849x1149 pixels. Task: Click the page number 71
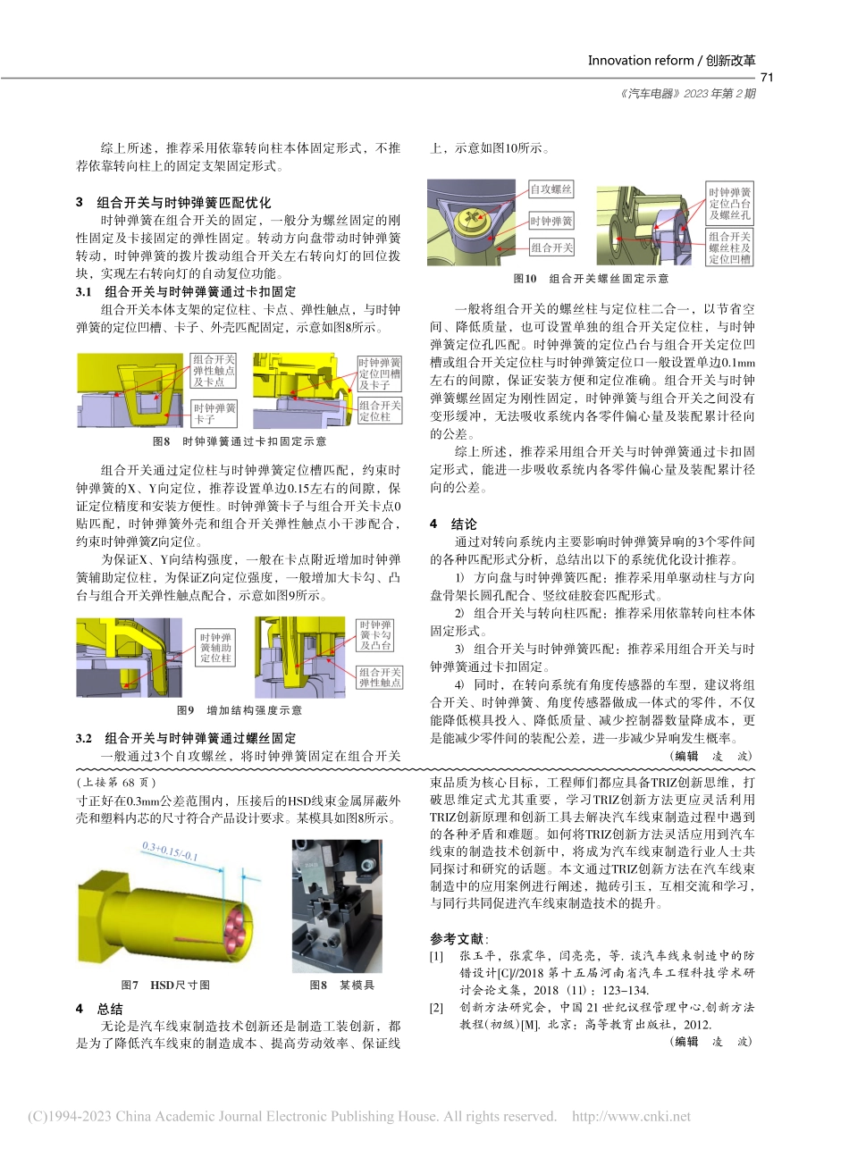(x=765, y=78)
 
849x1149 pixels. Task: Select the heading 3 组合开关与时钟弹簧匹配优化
(x=172, y=203)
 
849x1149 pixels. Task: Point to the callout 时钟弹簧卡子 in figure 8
(x=215, y=413)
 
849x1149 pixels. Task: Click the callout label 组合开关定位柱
(x=380, y=410)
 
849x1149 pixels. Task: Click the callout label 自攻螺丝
(x=551, y=189)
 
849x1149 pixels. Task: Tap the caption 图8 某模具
(x=341, y=985)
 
